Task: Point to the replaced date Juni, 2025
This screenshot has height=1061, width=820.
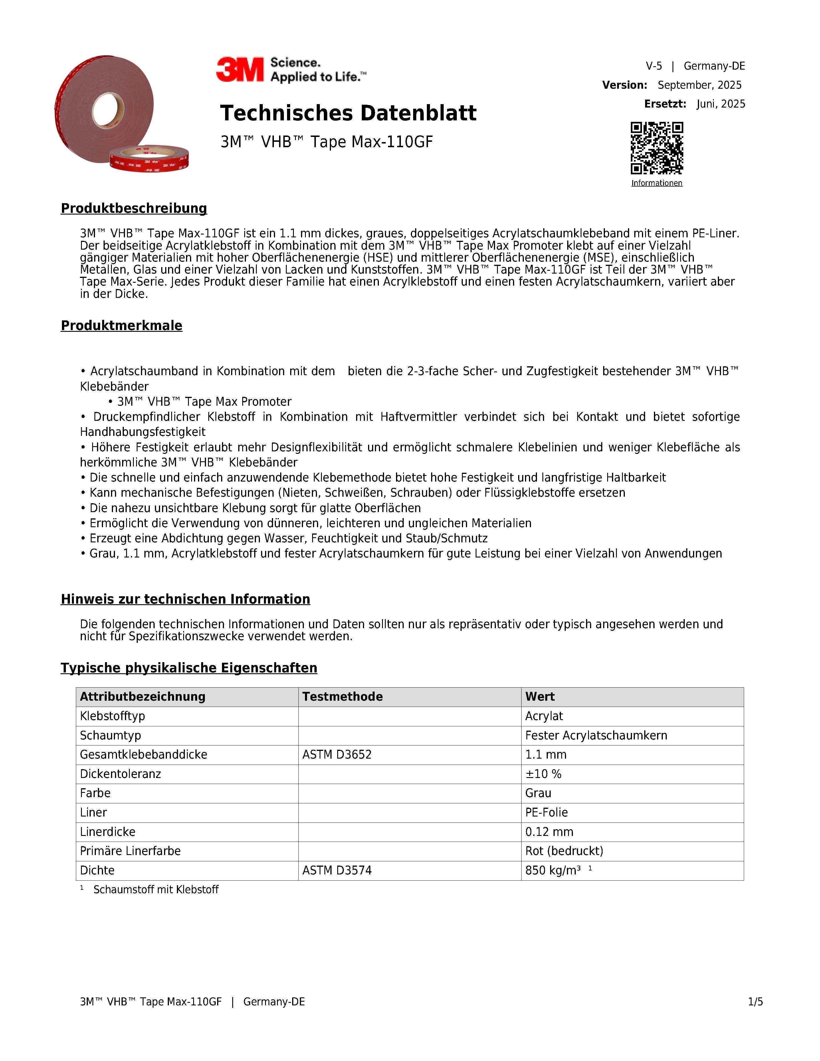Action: pos(720,104)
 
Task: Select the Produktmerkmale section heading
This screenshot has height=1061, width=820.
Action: pos(122,326)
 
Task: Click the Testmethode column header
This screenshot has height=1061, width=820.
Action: pos(342,697)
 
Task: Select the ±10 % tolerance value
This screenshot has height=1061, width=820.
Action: pos(543,774)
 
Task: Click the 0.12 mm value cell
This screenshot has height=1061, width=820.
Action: pos(549,832)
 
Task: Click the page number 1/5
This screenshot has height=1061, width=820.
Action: pos(755,1002)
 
